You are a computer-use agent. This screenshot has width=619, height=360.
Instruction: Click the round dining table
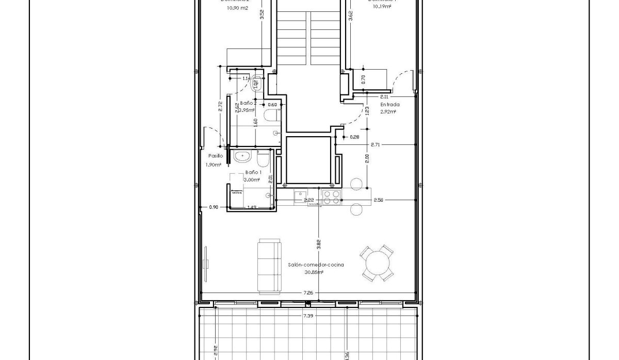pos(377,264)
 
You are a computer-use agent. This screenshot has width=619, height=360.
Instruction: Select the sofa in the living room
pos(270,265)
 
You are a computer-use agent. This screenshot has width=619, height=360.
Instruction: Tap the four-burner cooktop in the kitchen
pos(331,198)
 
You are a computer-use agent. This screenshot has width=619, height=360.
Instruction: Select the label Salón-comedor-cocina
pos(316,265)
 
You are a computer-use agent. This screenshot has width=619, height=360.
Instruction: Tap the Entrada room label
pos(389,104)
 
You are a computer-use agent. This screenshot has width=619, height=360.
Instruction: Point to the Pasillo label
pos(215,156)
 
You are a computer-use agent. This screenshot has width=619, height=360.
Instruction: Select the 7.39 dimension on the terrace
pos(307,316)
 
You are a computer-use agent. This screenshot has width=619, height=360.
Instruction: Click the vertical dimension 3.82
pos(318,242)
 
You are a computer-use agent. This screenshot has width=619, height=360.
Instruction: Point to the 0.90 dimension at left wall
pos(214,207)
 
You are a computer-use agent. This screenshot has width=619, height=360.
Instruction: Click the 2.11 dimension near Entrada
pos(384,96)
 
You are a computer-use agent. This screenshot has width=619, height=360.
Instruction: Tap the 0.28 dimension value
pos(354,137)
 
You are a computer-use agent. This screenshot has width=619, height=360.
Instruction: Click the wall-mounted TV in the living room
pos(206,264)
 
